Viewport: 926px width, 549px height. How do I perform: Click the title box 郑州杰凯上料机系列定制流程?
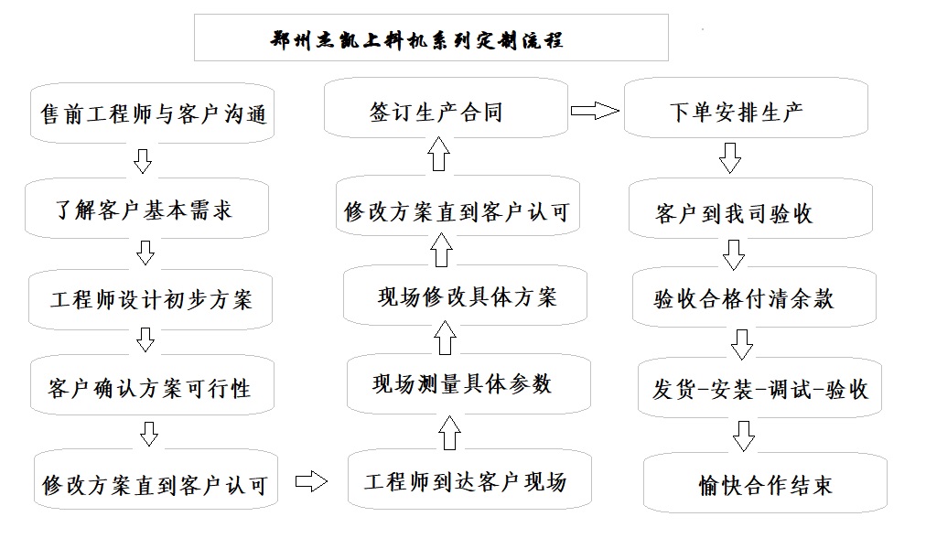(x=431, y=38)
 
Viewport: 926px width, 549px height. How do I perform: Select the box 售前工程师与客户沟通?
(x=152, y=114)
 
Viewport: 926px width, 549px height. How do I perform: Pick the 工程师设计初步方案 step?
(x=151, y=298)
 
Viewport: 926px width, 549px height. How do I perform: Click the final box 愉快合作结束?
(x=766, y=484)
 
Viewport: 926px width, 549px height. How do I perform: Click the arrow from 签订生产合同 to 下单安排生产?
(x=595, y=112)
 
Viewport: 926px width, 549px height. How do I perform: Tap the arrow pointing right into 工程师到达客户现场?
(x=311, y=482)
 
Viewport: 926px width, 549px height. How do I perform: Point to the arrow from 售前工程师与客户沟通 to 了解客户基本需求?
(x=142, y=162)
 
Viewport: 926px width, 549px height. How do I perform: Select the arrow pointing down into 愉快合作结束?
(x=744, y=435)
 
